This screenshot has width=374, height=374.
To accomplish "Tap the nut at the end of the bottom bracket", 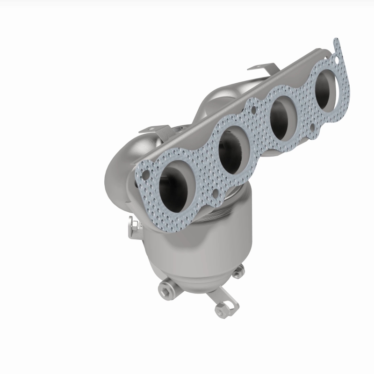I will tap(220, 309).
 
